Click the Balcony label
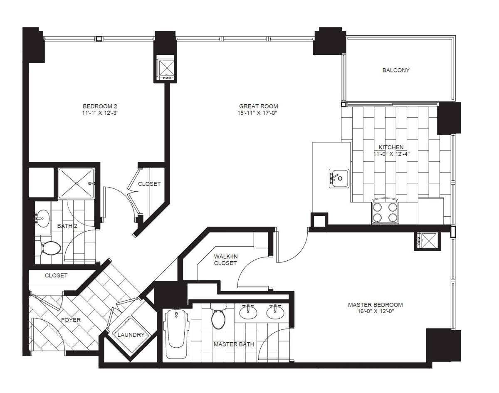[396, 70]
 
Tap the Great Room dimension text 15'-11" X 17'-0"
[257, 113]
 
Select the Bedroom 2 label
[100, 106]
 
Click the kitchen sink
[339, 178]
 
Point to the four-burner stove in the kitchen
[385, 213]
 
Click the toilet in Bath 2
[49, 248]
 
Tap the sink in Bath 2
[43, 218]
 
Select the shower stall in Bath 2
[76, 183]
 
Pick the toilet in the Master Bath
[218, 316]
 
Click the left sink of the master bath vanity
[248, 312]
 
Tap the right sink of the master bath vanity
[275, 312]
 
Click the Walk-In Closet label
[225, 260]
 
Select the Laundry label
[131, 335]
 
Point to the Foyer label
[71, 320]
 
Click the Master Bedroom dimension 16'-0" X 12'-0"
[375, 311]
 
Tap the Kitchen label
[391, 147]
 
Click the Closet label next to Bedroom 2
[149, 184]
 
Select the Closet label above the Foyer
[56, 275]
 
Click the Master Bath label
[234, 344]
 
